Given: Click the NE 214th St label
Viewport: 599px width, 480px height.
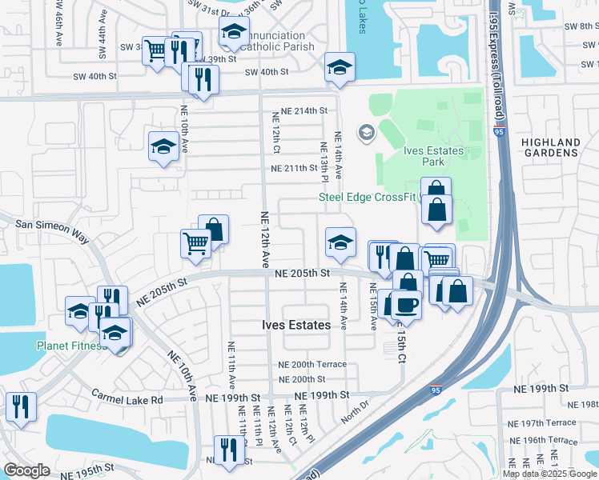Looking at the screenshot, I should coord(301,110).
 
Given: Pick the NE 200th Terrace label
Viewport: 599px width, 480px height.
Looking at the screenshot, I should coord(312,364).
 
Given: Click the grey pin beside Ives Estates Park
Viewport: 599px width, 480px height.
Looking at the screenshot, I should coord(367,132).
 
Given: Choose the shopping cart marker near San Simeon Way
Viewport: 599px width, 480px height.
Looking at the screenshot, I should coord(196,242).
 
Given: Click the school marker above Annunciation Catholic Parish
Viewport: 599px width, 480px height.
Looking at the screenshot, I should coord(234,32).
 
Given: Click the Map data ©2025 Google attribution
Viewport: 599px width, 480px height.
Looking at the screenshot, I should coord(549,474).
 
